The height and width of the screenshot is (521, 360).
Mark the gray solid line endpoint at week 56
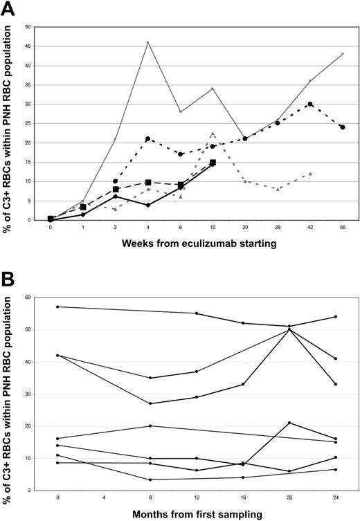click(342, 54)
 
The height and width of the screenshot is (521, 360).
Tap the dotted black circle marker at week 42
click(309, 104)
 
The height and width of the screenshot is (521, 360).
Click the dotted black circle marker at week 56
click(342, 127)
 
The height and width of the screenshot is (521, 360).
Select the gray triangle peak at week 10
click(213, 134)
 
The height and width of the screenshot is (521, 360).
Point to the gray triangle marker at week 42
click(309, 174)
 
